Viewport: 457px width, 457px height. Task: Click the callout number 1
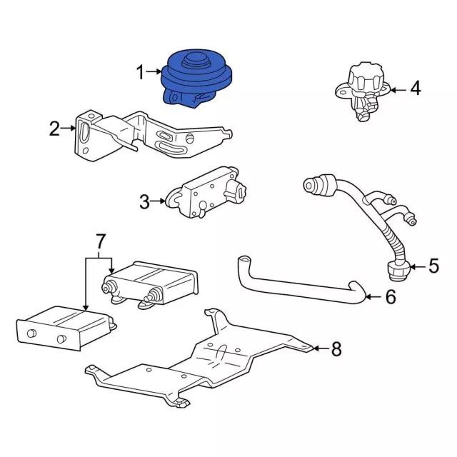pyautogui.click(x=141, y=72)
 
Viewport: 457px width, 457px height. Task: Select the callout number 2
pyautogui.click(x=54, y=129)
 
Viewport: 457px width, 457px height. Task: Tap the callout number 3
pyautogui.click(x=144, y=201)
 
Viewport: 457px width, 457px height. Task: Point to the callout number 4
pyautogui.click(x=416, y=89)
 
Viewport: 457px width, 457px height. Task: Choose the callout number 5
pyautogui.click(x=433, y=266)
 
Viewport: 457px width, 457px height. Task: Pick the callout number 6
pyautogui.click(x=391, y=296)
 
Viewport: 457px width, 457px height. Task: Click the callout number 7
pyautogui.click(x=100, y=241)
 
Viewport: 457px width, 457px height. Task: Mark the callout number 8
pyautogui.click(x=336, y=348)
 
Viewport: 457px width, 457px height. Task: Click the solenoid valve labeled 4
pyautogui.click(x=362, y=91)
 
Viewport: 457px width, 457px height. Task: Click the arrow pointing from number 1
pyautogui.click(x=154, y=71)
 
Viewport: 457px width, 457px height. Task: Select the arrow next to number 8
pyautogui.click(x=321, y=348)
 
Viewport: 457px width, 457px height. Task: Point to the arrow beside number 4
pyautogui.click(x=398, y=90)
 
